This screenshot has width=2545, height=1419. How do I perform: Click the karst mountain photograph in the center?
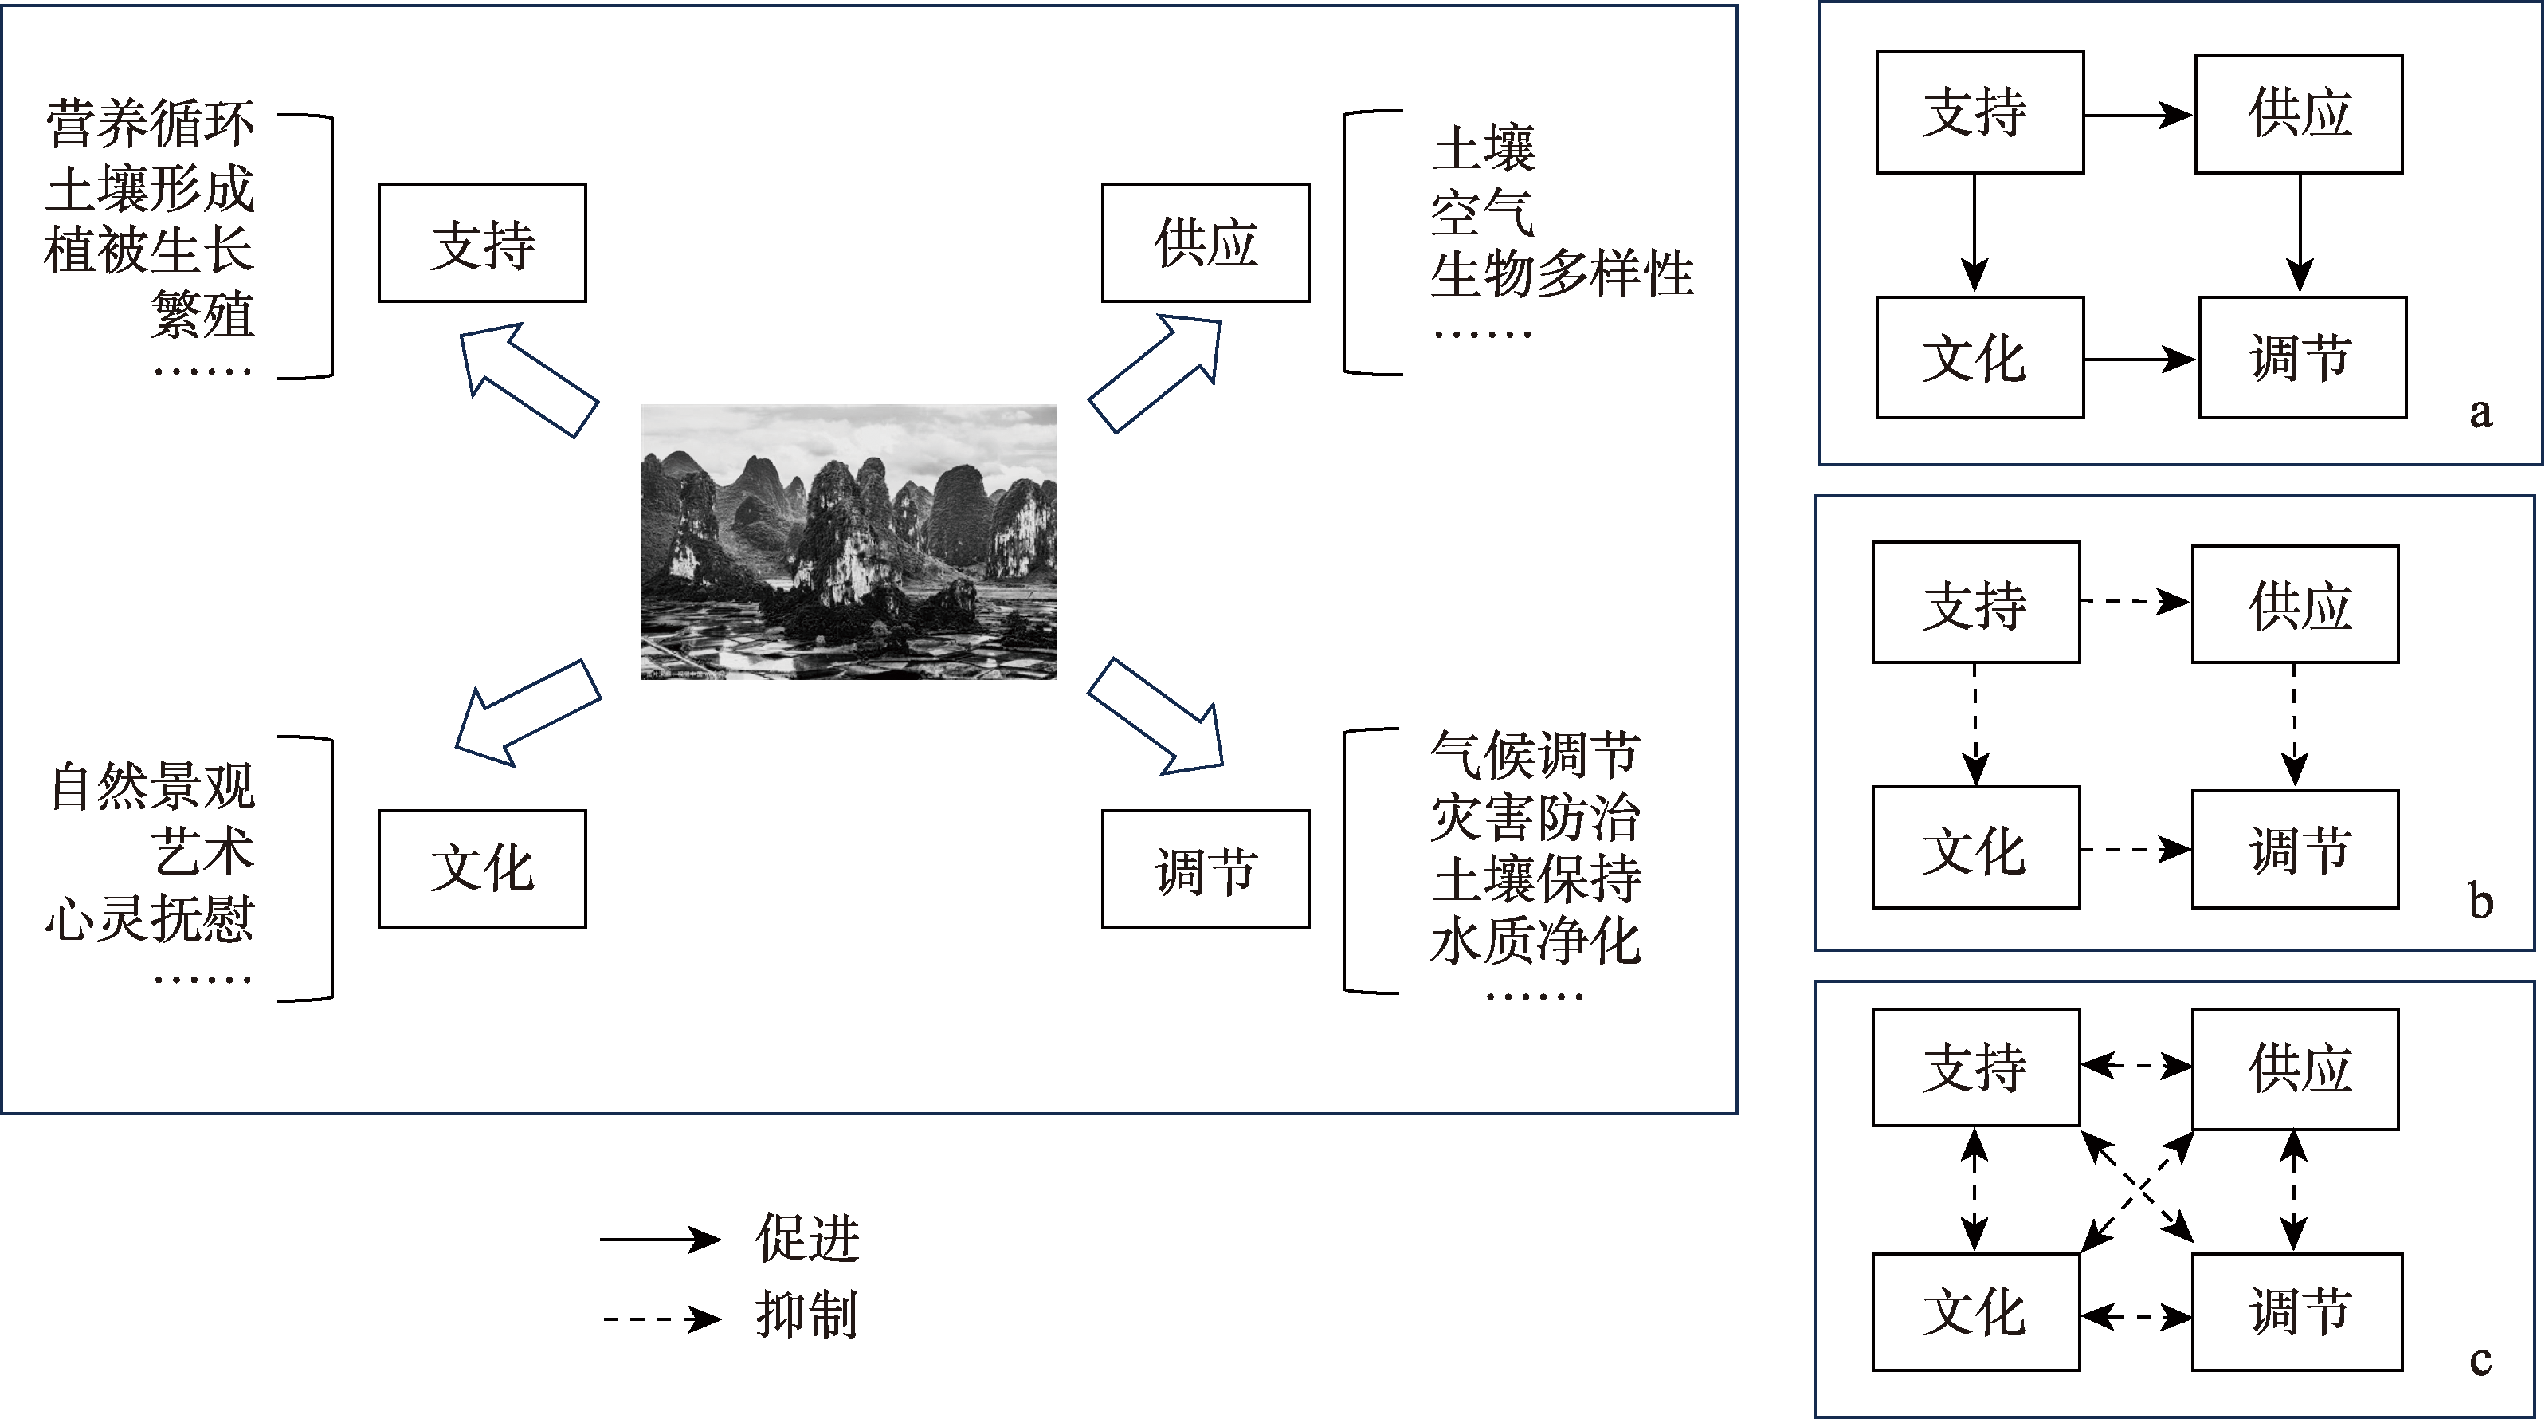(849, 541)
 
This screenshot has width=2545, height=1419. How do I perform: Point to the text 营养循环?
(150, 124)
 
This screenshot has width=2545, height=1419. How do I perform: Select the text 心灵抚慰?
(150, 918)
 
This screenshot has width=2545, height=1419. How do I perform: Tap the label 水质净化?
(1535, 940)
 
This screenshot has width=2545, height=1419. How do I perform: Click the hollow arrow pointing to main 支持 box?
(527, 379)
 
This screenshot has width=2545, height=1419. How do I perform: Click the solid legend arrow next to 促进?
(660, 1239)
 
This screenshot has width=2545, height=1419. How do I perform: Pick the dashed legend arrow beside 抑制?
(660, 1319)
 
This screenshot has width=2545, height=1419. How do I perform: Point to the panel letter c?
(2480, 1362)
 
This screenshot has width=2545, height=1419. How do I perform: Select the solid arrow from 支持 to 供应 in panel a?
(2139, 116)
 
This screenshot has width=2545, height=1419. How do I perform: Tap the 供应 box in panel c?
(2295, 1069)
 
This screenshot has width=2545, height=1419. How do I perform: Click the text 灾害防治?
(1535, 817)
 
